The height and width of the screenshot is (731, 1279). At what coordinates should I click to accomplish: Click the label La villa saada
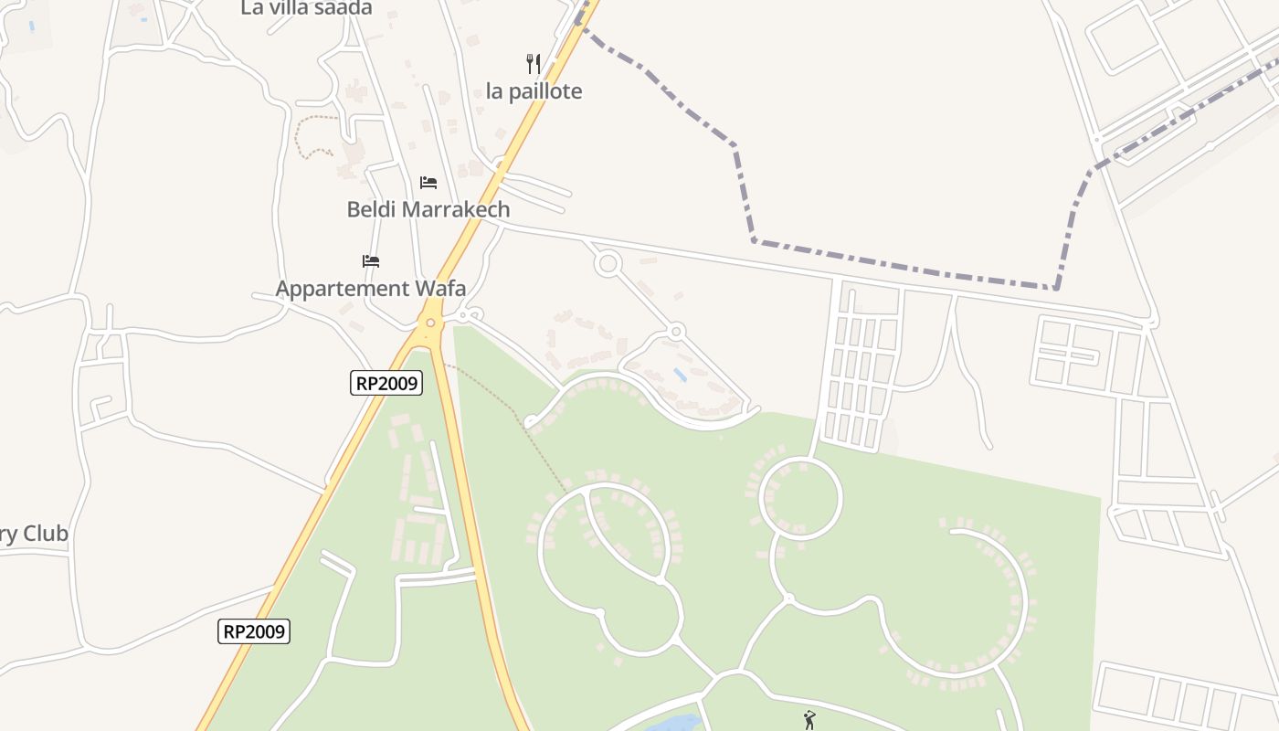[x=306, y=8]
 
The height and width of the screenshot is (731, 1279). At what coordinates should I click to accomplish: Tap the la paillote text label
[x=534, y=91]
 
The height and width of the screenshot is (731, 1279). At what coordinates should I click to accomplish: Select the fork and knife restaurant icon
[x=534, y=64]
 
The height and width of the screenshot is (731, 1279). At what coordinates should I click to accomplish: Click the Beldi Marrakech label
[x=428, y=209]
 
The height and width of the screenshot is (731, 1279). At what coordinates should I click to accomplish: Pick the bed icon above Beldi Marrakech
[x=428, y=183]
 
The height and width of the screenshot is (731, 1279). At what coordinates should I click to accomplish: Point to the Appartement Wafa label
[x=371, y=289]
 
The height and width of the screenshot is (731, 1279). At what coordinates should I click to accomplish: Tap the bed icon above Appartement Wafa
[x=370, y=261]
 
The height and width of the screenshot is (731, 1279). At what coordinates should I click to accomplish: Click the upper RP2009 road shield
[x=386, y=383]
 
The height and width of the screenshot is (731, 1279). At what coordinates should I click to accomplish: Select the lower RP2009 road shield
[x=254, y=630]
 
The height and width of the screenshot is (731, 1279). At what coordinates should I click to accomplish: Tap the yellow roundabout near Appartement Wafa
[x=430, y=323]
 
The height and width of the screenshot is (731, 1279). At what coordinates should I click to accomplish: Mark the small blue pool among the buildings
[x=680, y=374]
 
